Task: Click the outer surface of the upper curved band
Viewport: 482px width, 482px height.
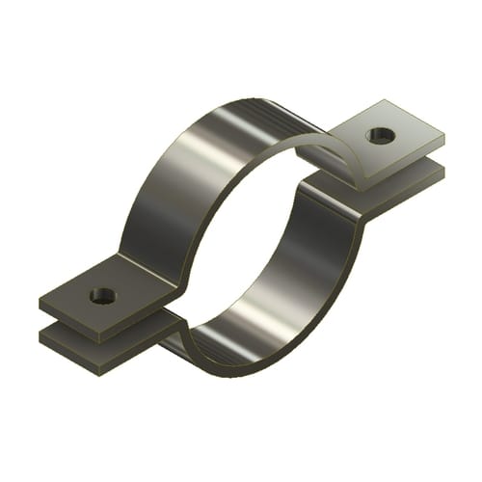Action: (193, 174)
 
